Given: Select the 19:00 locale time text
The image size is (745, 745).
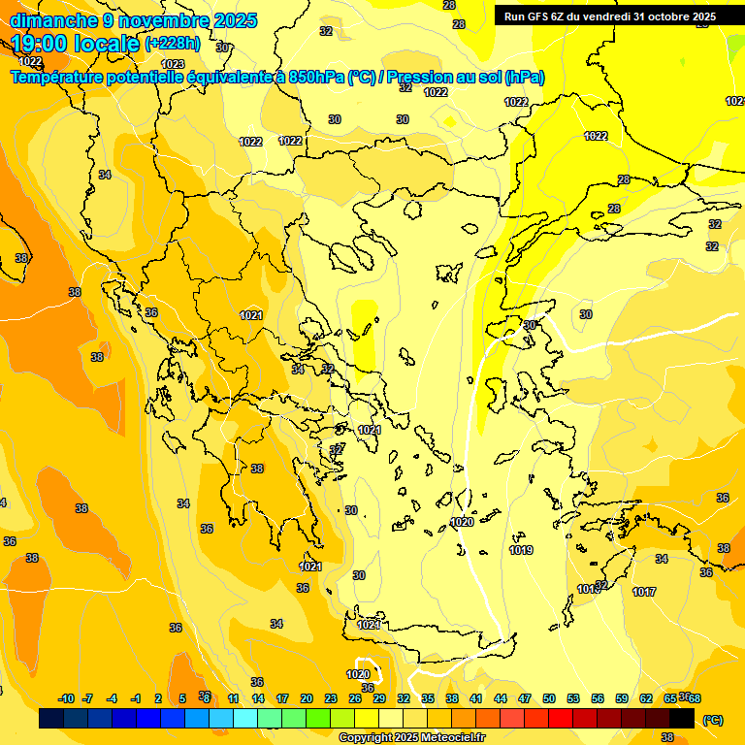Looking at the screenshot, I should tap(76, 44).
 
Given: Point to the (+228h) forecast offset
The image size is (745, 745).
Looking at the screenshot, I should tap(174, 44).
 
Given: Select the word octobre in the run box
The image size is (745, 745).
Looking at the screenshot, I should tap(662, 16).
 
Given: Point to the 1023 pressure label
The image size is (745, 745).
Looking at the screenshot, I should tap(173, 65).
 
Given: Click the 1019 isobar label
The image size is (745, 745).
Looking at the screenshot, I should tap(521, 550).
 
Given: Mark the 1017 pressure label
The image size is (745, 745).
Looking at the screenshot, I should tap(644, 592).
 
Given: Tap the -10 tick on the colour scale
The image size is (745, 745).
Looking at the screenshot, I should tap(67, 698).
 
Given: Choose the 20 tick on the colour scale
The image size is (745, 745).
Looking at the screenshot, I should tap(307, 698).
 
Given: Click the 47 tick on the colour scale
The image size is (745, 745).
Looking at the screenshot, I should tap(525, 698).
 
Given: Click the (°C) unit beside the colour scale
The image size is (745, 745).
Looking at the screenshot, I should tap(712, 720).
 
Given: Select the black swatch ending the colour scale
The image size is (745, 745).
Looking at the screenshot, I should tap(682, 719).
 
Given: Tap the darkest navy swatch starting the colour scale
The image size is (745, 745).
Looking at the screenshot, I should tap(51, 719).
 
